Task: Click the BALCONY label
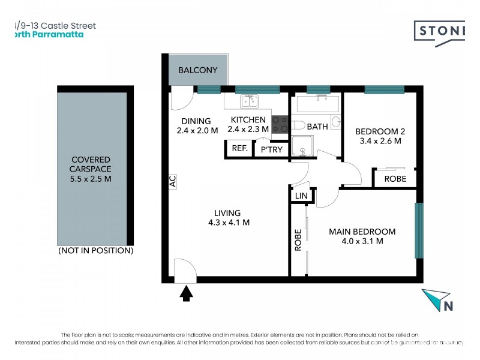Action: (x=197, y=70)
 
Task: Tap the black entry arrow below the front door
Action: (x=186, y=293)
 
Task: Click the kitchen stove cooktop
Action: (x=280, y=124)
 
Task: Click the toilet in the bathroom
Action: (x=298, y=125)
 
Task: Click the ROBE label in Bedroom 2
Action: (x=395, y=179)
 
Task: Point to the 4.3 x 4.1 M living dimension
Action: (x=227, y=223)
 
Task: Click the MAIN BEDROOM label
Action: (x=362, y=232)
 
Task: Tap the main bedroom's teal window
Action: (x=419, y=230)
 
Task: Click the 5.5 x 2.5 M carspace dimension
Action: (x=91, y=179)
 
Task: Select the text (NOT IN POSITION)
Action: (x=95, y=250)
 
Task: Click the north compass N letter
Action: (x=448, y=305)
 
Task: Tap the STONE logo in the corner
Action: (x=441, y=31)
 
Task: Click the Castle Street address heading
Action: (x=54, y=26)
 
